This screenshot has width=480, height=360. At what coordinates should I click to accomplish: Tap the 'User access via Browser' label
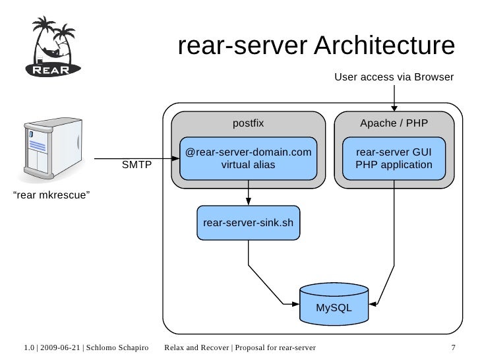(x=394, y=78)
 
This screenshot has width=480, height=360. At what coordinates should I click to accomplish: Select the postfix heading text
(x=249, y=123)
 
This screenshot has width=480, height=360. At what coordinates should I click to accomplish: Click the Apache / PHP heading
(x=394, y=123)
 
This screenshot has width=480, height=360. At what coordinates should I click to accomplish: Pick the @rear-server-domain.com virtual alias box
(x=249, y=159)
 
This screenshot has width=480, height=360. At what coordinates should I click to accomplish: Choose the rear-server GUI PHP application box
(x=394, y=159)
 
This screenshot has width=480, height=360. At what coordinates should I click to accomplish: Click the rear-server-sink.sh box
(x=249, y=222)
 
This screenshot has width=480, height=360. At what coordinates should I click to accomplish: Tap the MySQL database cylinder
(x=334, y=304)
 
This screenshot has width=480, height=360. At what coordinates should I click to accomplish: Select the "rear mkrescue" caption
(x=52, y=196)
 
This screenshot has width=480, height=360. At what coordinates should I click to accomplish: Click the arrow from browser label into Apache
(x=394, y=99)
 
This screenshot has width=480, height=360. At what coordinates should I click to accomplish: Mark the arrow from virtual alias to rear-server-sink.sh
(x=249, y=193)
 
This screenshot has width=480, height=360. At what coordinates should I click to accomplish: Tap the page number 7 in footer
(x=453, y=347)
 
